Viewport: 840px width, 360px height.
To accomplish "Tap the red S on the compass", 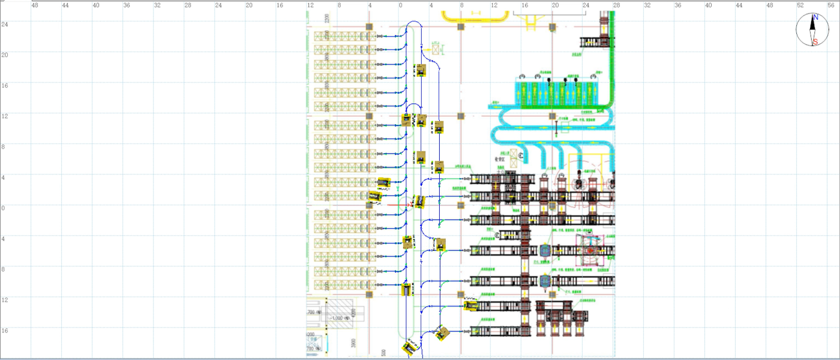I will coord(815,41).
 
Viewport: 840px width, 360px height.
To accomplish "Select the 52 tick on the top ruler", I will coord(800,5).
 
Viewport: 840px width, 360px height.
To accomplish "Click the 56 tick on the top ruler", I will coord(831,5).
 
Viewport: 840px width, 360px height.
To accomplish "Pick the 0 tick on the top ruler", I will coord(400,5).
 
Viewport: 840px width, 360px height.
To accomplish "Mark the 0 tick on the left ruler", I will coord(3,208).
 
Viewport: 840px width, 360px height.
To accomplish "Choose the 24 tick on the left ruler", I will coord(4,24).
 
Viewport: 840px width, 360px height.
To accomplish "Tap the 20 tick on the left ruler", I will coord(4,55).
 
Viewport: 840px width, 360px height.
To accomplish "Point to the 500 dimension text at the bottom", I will coord(383,352).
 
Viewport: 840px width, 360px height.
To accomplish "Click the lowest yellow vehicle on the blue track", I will coord(410,348).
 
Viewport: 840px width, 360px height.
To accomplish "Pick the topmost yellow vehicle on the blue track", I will coord(421,70).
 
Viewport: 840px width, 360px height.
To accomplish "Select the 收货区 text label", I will coord(501,160).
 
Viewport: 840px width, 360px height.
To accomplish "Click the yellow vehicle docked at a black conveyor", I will coord(472,306).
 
